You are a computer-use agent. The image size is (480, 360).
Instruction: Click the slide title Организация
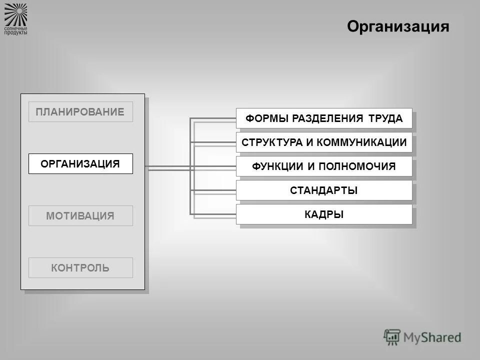pos(398,26)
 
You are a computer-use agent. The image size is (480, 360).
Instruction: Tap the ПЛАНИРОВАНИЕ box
pos(80,112)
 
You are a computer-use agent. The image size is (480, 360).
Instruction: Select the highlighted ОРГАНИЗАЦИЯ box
pos(80,164)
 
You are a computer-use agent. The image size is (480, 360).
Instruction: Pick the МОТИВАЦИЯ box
pos(80,216)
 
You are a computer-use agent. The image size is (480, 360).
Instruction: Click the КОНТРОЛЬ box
pos(80,268)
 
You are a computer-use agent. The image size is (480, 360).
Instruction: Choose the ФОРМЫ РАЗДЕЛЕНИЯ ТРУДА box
pos(324,118)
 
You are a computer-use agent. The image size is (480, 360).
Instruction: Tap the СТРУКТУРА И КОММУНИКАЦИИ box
pos(324,142)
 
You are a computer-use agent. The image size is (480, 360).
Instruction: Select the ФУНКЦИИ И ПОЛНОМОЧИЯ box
pos(324,166)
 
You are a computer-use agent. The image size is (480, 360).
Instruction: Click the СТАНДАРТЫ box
pos(324,190)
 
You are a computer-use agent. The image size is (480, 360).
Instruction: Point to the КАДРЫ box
pos(324,214)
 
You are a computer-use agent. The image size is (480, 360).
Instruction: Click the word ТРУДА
pos(385,118)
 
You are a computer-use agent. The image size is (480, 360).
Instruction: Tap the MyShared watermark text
pos(432,337)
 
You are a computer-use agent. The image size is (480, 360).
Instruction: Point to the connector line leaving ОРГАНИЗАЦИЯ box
pos(165,167)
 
